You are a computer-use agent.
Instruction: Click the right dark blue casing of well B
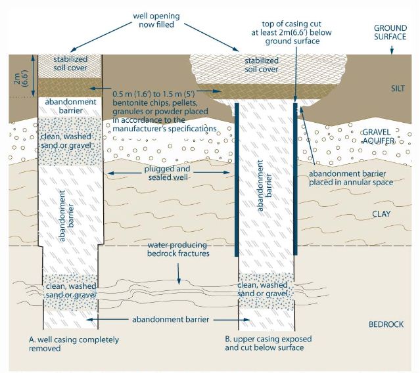point(296,177)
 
